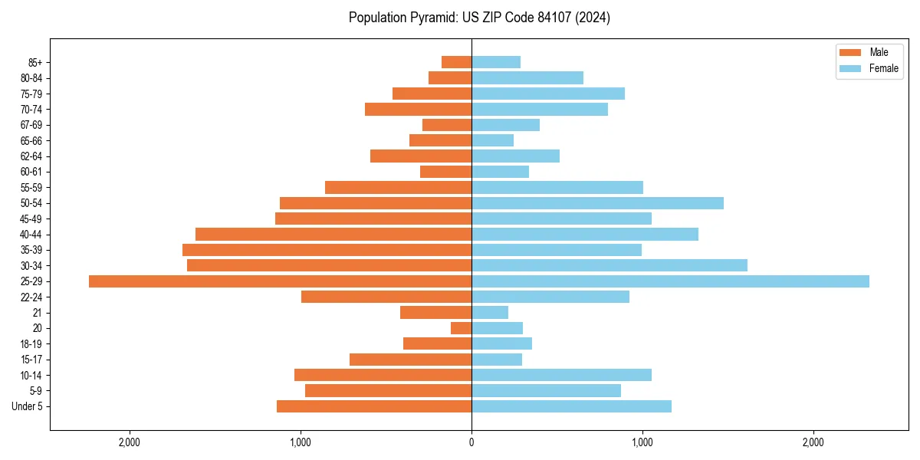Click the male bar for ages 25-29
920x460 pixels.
[280, 281]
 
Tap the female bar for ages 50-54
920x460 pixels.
[597, 203]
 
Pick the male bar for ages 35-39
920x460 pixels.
[327, 250]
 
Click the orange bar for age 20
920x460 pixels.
[461, 328]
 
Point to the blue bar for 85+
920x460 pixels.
[496, 62]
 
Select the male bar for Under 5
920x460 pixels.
[374, 406]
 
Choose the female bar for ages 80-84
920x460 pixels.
[527, 78]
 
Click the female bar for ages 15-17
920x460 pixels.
[497, 360]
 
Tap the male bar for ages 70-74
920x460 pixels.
[418, 110]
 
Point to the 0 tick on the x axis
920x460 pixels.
[472, 442]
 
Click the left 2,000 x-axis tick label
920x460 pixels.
[130, 442]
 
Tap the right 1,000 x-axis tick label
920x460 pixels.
[642, 442]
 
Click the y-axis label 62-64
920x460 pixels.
[31, 156]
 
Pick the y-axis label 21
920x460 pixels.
[38, 313]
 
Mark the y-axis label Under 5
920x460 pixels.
[28, 406]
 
